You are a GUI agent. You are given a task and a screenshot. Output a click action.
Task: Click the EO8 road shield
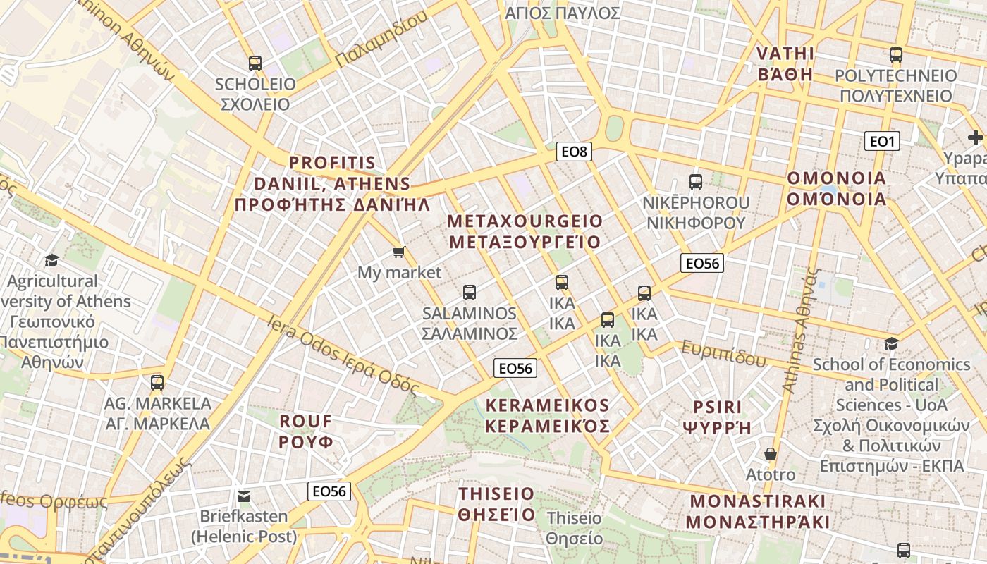coord(573,151)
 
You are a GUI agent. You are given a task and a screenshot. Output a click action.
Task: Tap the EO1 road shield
coord(881,142)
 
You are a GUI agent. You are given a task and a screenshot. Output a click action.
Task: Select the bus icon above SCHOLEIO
coord(255,63)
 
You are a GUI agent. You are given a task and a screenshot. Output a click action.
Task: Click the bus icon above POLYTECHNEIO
coord(895,55)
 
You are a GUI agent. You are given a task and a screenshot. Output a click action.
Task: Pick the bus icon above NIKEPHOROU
coord(696,182)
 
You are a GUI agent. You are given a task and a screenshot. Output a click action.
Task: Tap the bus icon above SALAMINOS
coord(470,293)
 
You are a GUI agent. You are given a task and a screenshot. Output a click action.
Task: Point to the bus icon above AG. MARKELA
coord(157,383)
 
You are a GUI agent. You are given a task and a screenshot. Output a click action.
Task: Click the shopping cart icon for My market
coord(399,252)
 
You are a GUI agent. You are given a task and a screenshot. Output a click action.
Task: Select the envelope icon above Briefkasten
coord(244,496)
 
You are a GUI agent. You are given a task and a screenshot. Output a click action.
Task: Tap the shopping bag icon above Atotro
coord(771,454)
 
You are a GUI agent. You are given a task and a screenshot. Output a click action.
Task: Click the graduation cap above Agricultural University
coord(51,261)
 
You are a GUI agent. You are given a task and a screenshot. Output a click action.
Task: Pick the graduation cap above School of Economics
coord(891,344)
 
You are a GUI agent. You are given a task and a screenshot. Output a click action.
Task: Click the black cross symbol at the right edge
coord(976,137)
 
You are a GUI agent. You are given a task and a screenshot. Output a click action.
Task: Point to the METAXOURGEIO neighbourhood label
coord(525,232)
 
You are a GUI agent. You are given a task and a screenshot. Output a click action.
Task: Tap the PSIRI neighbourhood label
coord(717,417)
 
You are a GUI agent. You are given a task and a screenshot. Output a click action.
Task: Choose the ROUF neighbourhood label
coord(306,431)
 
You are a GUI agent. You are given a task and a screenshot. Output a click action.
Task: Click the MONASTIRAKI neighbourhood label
coord(757,512)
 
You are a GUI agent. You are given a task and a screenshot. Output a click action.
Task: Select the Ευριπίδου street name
coord(723,354)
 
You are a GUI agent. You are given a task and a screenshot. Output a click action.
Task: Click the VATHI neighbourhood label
coord(785,64)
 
